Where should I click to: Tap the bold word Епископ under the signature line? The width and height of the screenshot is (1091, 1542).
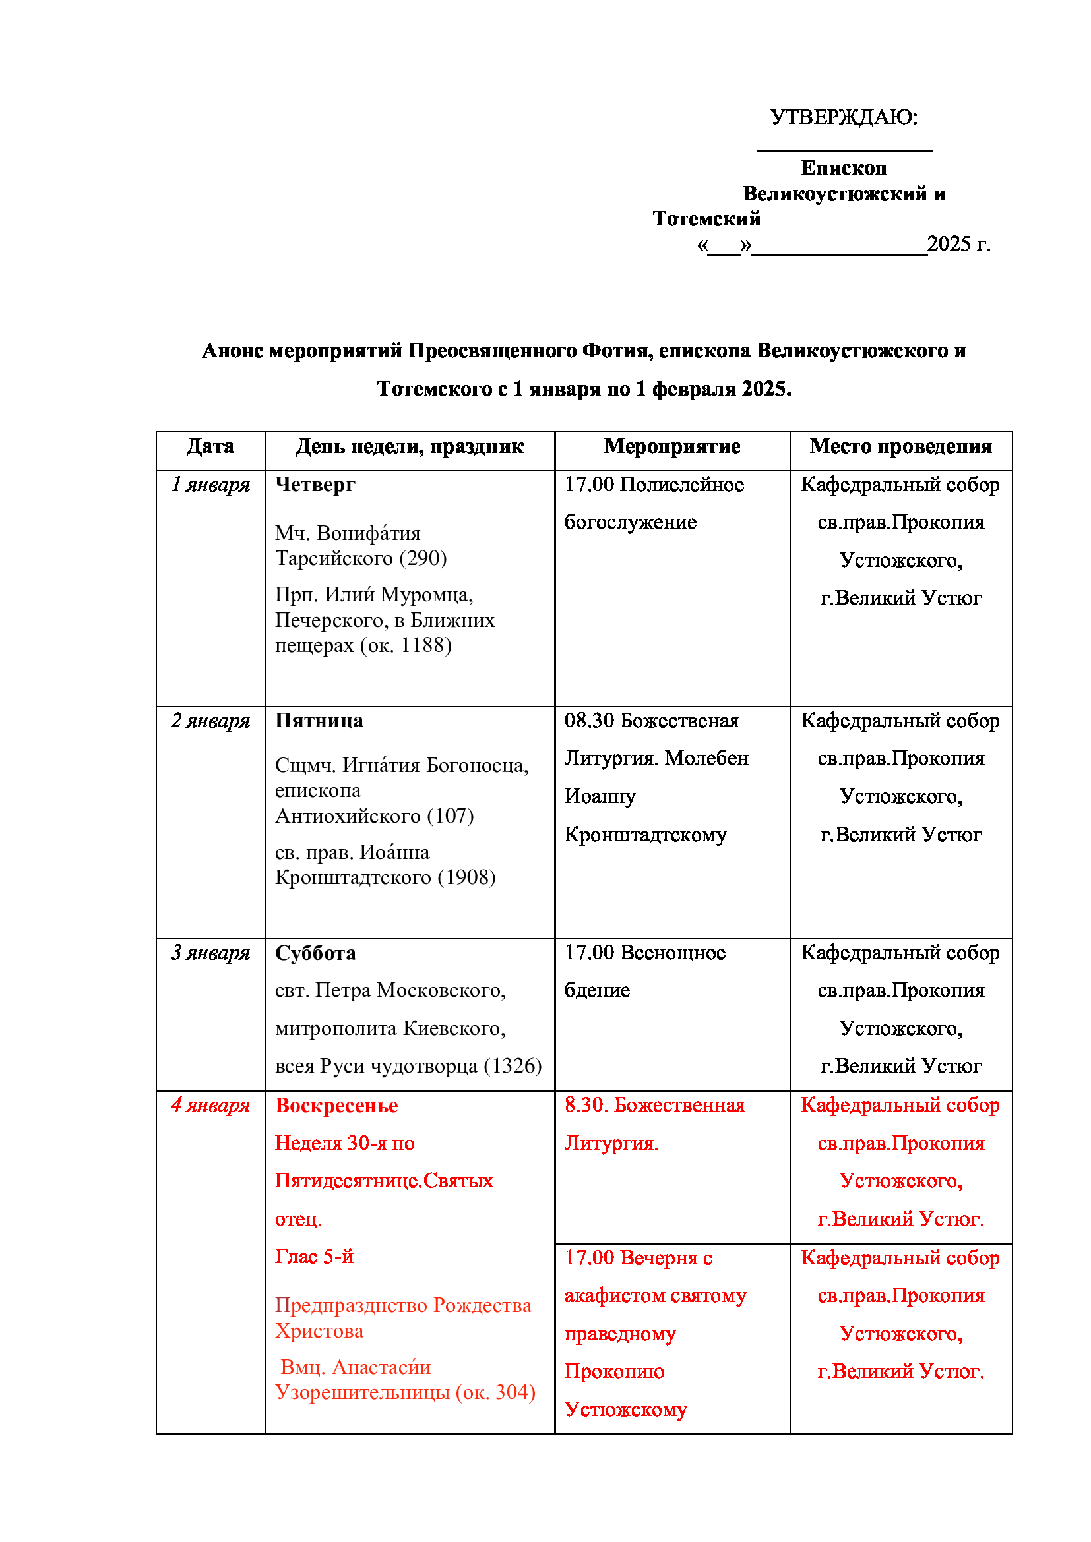click(844, 168)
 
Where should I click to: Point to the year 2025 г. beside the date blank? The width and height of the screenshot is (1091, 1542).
click(958, 244)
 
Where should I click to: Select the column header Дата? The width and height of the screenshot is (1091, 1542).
click(210, 446)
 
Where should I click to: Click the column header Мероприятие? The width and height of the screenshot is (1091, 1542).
click(671, 446)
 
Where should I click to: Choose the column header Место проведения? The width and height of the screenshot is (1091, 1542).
click(900, 446)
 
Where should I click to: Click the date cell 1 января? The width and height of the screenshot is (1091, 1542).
click(210, 485)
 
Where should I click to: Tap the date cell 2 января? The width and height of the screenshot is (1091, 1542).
click(210, 721)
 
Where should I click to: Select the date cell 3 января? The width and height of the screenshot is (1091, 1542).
click(210, 953)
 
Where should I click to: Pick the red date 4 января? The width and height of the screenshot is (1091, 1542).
click(210, 1106)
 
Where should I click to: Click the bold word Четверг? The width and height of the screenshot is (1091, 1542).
click(315, 485)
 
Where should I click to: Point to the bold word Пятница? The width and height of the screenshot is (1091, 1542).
click(319, 721)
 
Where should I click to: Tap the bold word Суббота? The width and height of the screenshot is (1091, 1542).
click(315, 953)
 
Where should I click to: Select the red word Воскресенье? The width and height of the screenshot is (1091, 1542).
click(336, 1106)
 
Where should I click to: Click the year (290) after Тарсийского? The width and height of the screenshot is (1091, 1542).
click(423, 558)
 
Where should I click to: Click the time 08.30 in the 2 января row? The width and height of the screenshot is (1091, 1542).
click(588, 721)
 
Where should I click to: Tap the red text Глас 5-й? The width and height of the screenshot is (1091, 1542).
click(314, 1257)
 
